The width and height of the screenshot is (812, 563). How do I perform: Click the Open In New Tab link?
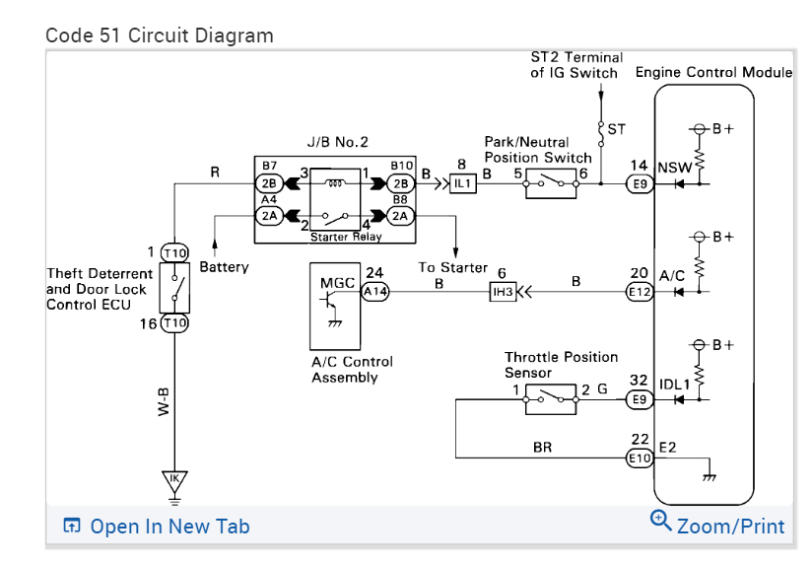[x=157, y=527]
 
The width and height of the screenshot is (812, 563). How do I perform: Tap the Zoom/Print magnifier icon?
[x=661, y=520]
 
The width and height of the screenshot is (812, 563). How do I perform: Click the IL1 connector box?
[x=462, y=183]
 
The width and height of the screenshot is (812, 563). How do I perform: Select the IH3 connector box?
[x=503, y=292]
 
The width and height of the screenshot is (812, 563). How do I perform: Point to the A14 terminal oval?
[x=374, y=292]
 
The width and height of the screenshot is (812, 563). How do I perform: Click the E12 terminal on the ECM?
[x=640, y=292]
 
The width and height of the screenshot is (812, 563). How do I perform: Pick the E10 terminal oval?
[x=640, y=457]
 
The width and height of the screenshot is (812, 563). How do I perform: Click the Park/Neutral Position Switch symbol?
[x=551, y=183]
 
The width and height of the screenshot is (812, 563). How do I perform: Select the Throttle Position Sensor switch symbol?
[x=551, y=399]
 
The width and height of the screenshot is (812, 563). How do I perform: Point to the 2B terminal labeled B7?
[x=269, y=183]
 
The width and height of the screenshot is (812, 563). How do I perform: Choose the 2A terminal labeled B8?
[x=400, y=216]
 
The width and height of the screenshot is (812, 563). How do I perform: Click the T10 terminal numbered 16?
[x=175, y=323]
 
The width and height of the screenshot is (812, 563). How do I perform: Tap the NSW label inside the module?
[x=675, y=168]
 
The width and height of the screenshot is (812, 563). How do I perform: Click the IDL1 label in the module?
[x=675, y=385]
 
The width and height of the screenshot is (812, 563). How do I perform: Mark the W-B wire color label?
[x=164, y=401]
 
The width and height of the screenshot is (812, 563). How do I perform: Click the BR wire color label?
[x=542, y=447]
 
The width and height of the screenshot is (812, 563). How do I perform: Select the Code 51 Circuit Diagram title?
[x=160, y=35]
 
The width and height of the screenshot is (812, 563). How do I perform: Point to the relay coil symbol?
[x=335, y=181]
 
